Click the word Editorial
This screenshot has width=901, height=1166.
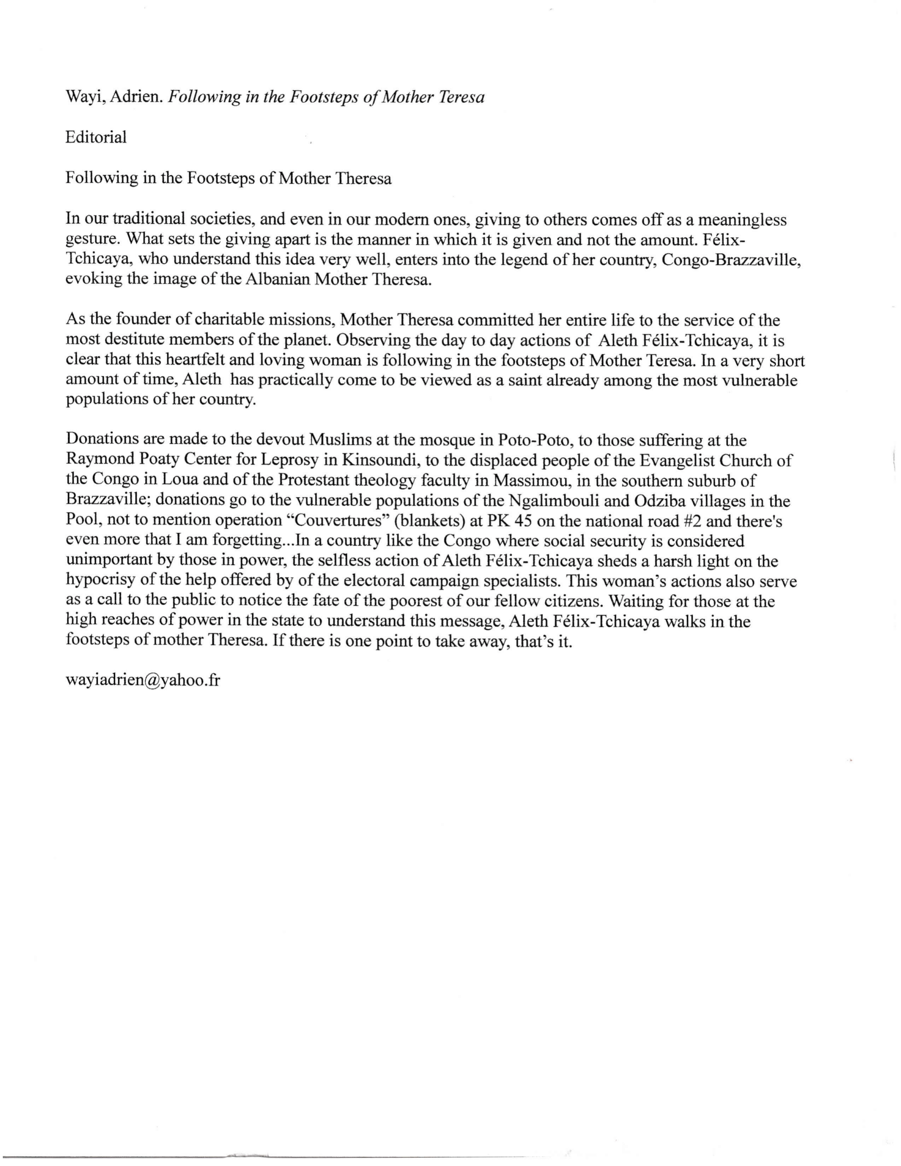tap(96, 137)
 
